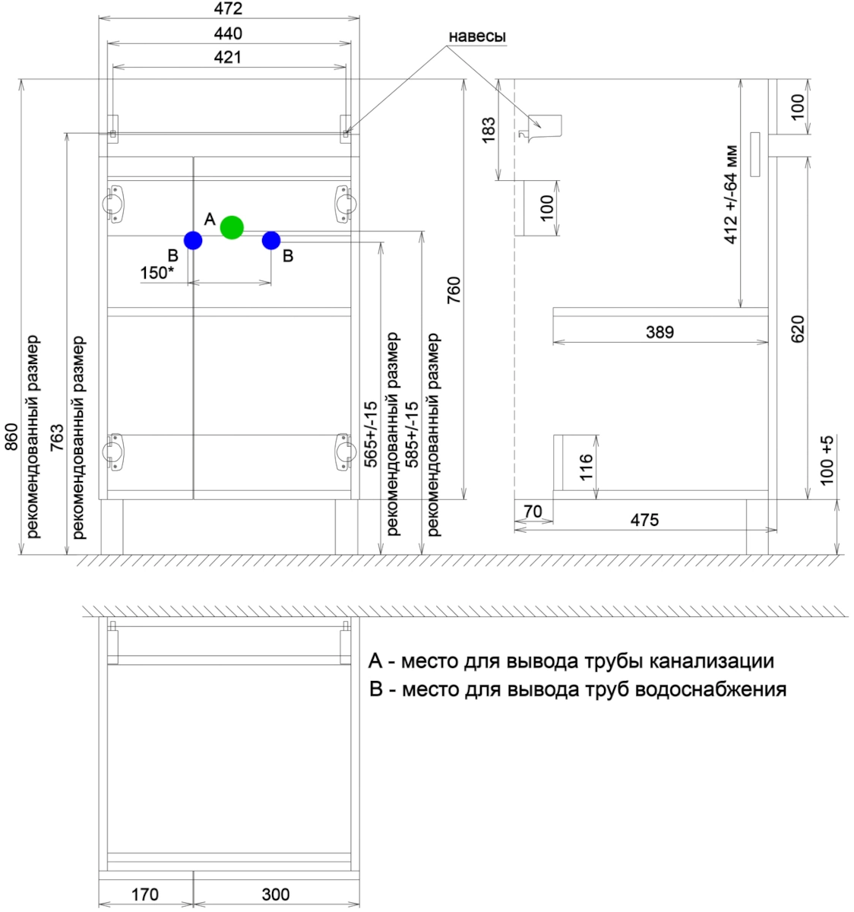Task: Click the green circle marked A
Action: coord(232,227)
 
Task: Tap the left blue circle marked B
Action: coord(193,241)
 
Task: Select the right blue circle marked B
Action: coord(271,241)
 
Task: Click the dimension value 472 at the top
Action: coord(228,9)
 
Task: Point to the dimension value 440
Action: coord(228,33)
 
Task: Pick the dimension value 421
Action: coord(228,57)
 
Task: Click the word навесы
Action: coord(477,36)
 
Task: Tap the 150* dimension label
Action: coord(157,273)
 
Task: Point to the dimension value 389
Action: coord(659,332)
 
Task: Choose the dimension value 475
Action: coord(644,521)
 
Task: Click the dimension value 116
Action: coord(587,467)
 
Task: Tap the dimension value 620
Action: coord(797,328)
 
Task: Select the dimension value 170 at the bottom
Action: coord(144,895)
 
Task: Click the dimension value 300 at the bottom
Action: coord(275,895)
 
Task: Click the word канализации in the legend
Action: coord(711,661)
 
